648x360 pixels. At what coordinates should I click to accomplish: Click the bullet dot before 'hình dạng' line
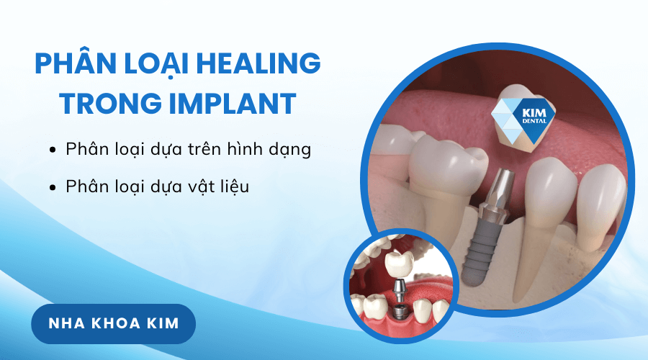tap(53, 150)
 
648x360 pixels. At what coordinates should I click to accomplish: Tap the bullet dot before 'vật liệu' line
tap(53, 187)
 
